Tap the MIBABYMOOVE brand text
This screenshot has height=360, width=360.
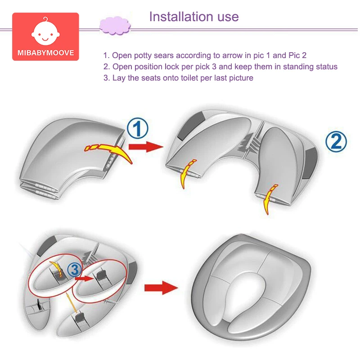click(x=46, y=53)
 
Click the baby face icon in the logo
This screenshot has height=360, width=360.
click(x=45, y=31)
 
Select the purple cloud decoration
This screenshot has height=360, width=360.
click(x=115, y=26)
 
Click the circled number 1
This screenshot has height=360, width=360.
click(x=138, y=128)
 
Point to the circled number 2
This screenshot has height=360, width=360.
click(x=336, y=142)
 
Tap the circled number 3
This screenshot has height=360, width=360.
click(x=75, y=270)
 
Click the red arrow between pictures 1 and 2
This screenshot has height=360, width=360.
click(x=146, y=147)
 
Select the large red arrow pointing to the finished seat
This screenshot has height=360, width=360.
click(x=161, y=288)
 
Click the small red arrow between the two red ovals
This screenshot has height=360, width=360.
click(x=84, y=279)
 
